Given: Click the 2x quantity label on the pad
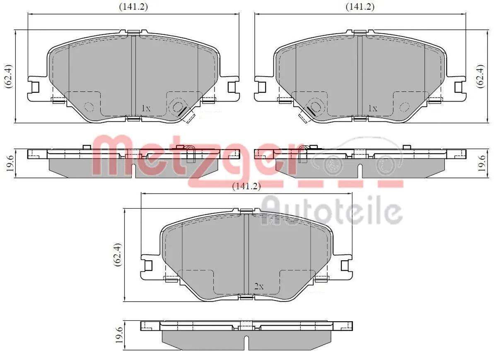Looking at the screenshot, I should pyautogui.click(x=259, y=286).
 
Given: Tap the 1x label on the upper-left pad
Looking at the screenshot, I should pyautogui.click(x=146, y=108).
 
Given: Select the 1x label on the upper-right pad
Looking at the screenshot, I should pyautogui.click(x=373, y=108).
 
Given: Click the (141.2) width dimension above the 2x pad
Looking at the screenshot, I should pyautogui.click(x=246, y=187).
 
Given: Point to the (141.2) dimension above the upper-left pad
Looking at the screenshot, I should pyautogui.click(x=133, y=7).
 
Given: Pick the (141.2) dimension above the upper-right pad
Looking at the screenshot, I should pyautogui.click(x=360, y=7).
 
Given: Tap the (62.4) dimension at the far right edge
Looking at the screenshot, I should pyautogui.click(x=480, y=76).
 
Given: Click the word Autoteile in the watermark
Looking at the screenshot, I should pyautogui.click(x=331, y=211).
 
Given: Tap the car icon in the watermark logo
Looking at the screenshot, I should pyautogui.click(x=356, y=159).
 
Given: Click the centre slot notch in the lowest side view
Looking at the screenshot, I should pyautogui.click(x=246, y=341).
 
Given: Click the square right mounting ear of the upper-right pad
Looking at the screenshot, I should pyautogui.click(x=458, y=87).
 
